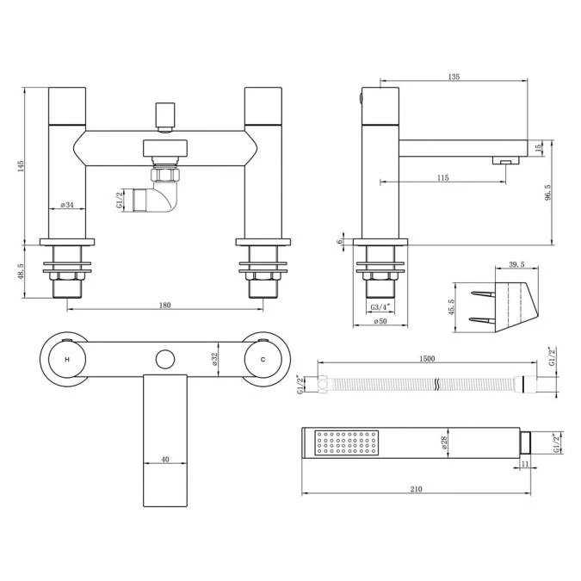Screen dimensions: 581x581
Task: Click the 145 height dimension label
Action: (x=21, y=166)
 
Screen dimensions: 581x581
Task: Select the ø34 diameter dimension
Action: (x=67, y=205)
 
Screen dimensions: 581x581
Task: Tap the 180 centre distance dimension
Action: (x=165, y=305)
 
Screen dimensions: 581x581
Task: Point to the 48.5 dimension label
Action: (x=21, y=271)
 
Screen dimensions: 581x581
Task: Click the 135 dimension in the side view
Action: (x=454, y=77)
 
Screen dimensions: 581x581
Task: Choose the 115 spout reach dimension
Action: (x=442, y=177)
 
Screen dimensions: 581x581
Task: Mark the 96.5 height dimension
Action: (x=548, y=193)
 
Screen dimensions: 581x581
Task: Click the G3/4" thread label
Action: (x=380, y=306)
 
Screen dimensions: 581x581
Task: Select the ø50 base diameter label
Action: (x=380, y=321)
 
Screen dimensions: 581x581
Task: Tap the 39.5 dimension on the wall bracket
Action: (x=517, y=264)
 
